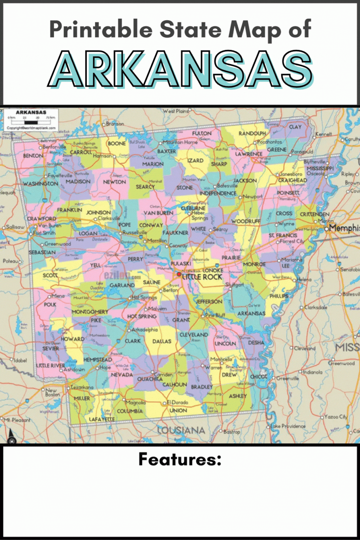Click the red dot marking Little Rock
(179, 274)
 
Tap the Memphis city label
(344, 228)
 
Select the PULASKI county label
(181, 264)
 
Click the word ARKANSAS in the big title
(180, 69)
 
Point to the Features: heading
(180, 459)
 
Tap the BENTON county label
(33, 156)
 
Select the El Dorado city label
(177, 402)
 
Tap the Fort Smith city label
(44, 233)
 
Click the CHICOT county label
(258, 377)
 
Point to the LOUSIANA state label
(181, 430)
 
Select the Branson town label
(115, 124)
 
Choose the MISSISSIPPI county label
(320, 168)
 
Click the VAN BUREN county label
(158, 213)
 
